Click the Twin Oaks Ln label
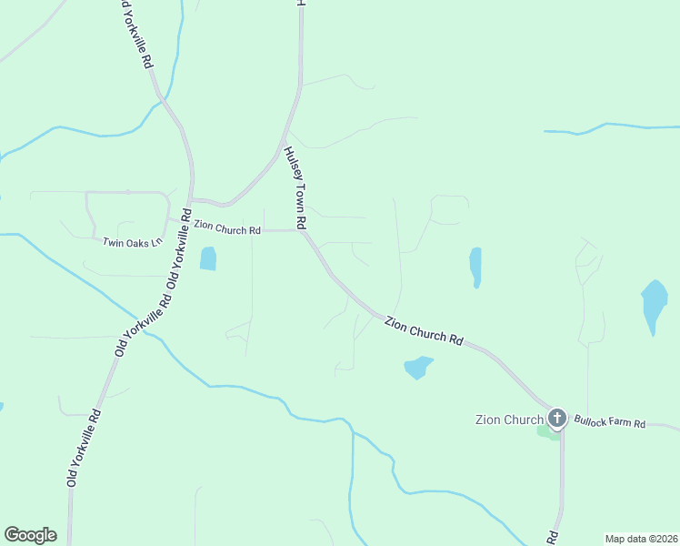(x=132, y=242)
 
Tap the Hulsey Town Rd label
(x=294, y=187)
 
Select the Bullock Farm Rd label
(x=608, y=424)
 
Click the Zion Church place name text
(x=509, y=420)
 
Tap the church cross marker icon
(x=557, y=419)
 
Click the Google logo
(x=30, y=535)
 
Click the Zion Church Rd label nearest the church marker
(x=424, y=330)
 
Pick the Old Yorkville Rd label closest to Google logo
(x=84, y=447)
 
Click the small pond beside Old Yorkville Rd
(x=208, y=258)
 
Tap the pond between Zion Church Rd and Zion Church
(x=417, y=367)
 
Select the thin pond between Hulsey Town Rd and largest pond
(x=475, y=267)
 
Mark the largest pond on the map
(x=654, y=305)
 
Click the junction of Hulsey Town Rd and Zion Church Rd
(x=303, y=231)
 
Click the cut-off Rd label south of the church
(x=551, y=536)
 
